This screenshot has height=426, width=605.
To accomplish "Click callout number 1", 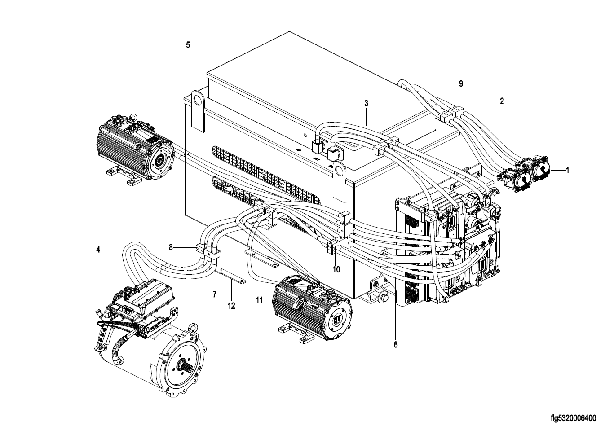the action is click(x=567, y=170).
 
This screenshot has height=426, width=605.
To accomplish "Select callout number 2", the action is click(x=502, y=101).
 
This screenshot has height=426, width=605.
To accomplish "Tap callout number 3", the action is click(x=366, y=103).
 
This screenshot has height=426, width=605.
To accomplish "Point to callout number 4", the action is click(x=98, y=250).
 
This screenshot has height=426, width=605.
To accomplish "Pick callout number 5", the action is click(x=188, y=45).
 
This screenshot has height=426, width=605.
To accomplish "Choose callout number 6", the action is click(x=396, y=344).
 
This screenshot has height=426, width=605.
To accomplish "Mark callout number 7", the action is click(x=214, y=294).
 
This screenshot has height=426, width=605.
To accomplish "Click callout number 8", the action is click(x=171, y=247).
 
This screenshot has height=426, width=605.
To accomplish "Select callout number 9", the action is click(x=461, y=83).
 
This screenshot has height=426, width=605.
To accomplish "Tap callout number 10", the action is click(x=336, y=269).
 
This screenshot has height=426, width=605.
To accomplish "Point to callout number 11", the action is click(x=259, y=300).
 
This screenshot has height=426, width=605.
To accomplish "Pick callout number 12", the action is click(x=231, y=306).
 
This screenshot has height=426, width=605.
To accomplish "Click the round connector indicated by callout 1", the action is click(x=540, y=169).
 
